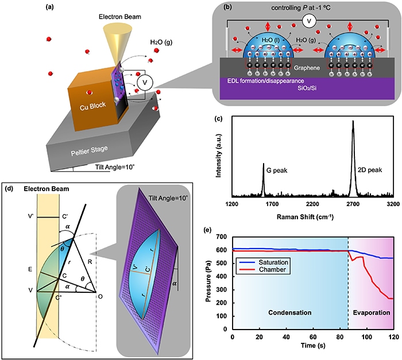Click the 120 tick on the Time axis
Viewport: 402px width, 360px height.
click(x=393, y=337)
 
